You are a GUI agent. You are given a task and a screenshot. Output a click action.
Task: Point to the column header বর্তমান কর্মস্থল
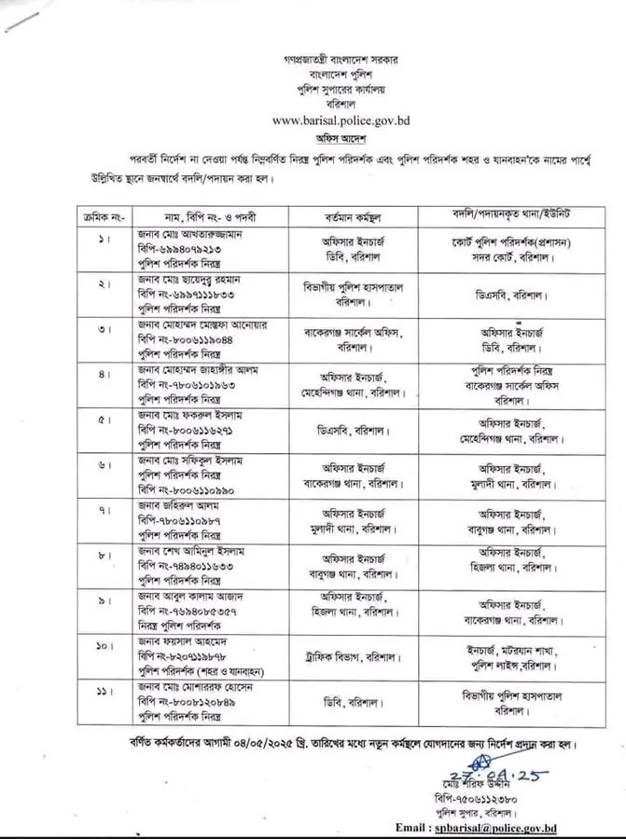coord(343,213)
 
